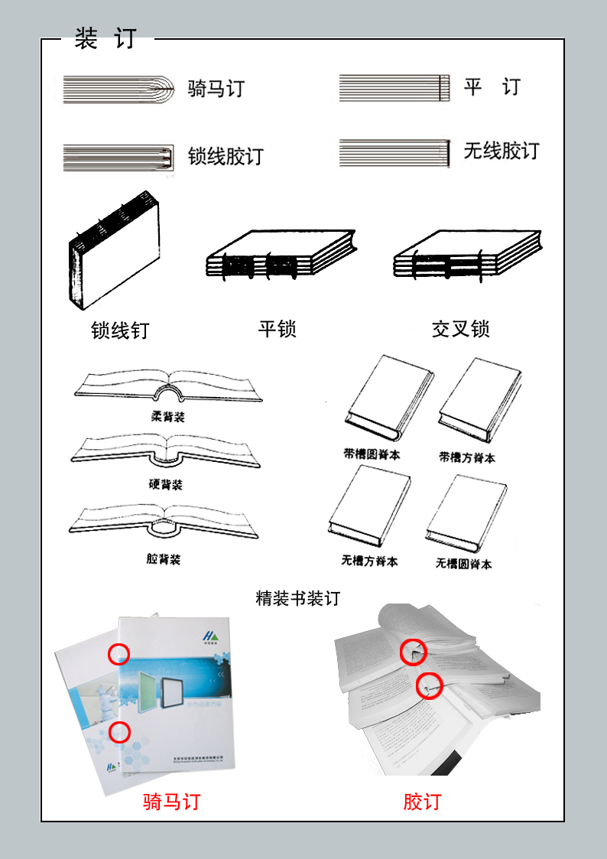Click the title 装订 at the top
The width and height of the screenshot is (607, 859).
point(105,39)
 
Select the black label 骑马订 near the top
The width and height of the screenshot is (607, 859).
point(216,89)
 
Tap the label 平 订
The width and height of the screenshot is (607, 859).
point(492,87)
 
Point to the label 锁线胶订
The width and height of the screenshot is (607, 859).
point(226,157)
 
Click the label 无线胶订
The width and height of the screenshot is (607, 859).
point(501,151)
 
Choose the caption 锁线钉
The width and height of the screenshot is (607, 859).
point(120,330)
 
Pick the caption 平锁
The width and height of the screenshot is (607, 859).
point(277,329)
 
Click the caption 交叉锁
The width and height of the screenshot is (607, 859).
point(460,329)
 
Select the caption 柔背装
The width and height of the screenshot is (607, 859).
point(167,417)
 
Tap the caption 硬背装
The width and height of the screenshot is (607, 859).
point(166,485)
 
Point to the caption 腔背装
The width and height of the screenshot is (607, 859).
point(164,559)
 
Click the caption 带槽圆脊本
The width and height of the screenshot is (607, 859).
point(372,454)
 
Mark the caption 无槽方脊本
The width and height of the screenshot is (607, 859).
point(369,561)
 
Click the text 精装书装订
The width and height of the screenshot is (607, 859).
point(297,598)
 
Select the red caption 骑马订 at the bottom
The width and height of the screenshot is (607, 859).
point(171,802)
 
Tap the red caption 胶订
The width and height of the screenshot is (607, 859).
point(422,802)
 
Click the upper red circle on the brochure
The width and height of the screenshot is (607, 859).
point(118,654)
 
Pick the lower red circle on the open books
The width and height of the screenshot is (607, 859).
point(429,685)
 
